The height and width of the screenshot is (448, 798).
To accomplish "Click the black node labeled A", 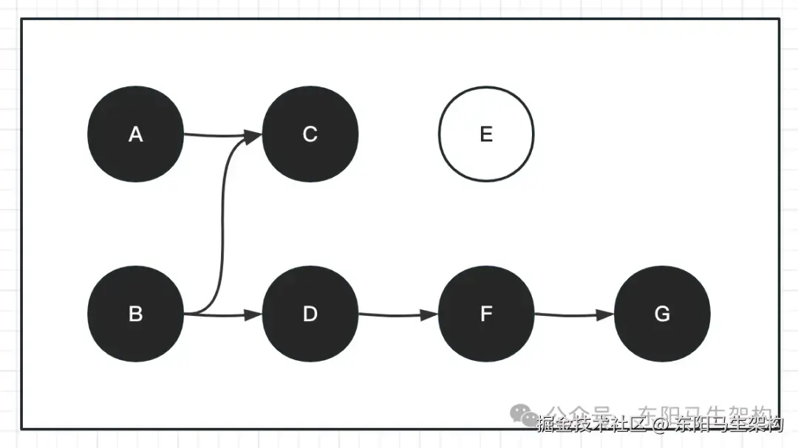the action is click(x=135, y=134).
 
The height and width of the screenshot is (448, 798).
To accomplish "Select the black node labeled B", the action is click(x=135, y=314).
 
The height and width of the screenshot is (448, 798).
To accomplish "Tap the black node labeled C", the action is click(x=310, y=134).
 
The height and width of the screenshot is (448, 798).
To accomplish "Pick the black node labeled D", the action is click(x=310, y=314).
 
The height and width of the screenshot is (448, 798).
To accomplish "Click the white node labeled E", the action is click(x=485, y=134).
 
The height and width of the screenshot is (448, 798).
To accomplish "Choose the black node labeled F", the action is click(x=485, y=314).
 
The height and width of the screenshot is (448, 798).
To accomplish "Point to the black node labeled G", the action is click(x=662, y=314).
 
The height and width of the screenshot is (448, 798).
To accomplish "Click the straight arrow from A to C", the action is click(x=214, y=135).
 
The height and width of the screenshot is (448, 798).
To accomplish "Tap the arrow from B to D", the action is click(x=222, y=315).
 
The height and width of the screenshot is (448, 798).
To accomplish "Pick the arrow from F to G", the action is click(x=573, y=315).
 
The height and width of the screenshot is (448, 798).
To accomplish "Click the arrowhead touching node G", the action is click(x=606, y=315).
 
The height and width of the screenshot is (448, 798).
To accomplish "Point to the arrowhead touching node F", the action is click(x=430, y=315).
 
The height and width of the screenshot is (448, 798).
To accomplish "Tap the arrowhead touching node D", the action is click(x=254, y=315).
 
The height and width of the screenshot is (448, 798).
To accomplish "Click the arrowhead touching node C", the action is click(x=253, y=136).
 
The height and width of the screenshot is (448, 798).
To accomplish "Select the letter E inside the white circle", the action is click(x=485, y=134).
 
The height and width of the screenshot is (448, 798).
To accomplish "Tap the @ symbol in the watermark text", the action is click(x=659, y=424).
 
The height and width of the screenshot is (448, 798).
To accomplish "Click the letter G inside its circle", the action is click(x=662, y=314).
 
